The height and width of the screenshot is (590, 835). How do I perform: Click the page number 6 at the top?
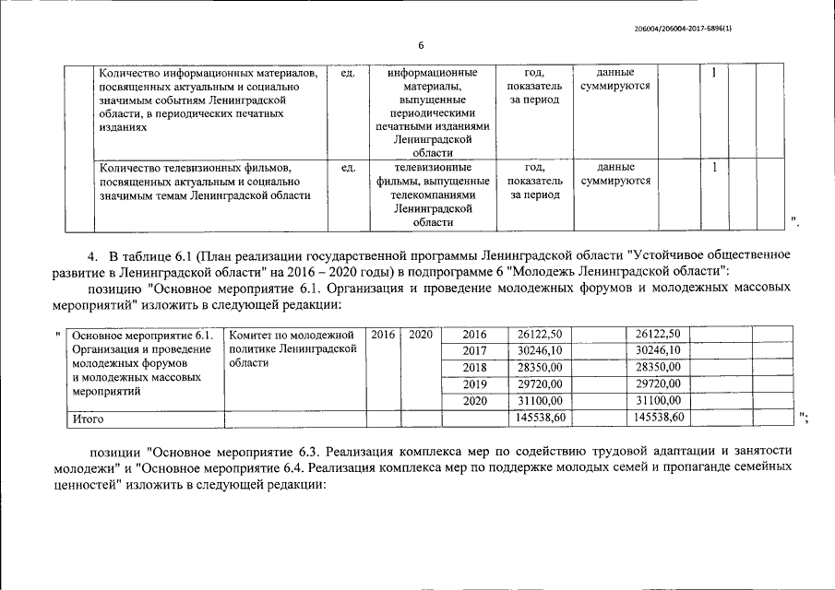421,45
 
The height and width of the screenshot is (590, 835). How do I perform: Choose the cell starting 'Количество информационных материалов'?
210,100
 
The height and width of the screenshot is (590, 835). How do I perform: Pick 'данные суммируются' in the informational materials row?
615,78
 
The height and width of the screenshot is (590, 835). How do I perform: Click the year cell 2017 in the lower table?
473,350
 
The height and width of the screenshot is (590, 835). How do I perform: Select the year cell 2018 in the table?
473,367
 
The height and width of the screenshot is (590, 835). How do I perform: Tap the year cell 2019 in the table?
473,383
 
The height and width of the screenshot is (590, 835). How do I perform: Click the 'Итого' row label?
89,419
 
